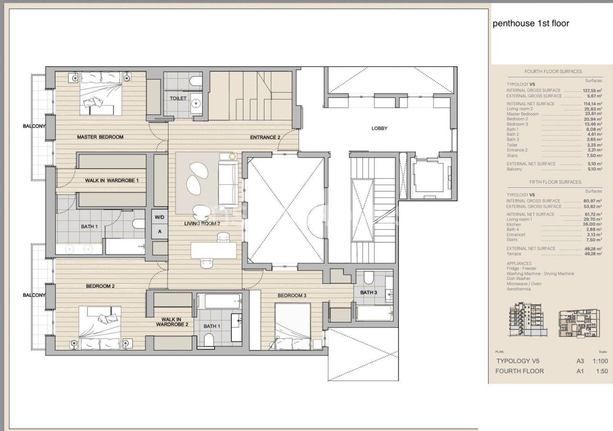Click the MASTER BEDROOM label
(100, 137)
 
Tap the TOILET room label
(178, 98)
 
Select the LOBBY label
(379, 128)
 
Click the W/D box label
(159, 217)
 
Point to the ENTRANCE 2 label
(265, 138)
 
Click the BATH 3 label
(369, 292)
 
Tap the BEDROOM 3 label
(292, 295)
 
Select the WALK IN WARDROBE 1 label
(112, 181)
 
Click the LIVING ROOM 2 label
(202, 224)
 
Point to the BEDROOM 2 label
(100, 286)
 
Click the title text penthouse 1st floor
(531, 23)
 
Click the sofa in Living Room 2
(228, 184)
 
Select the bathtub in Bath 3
(375, 313)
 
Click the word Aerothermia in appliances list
(519, 289)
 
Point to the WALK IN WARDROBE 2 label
(171, 322)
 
